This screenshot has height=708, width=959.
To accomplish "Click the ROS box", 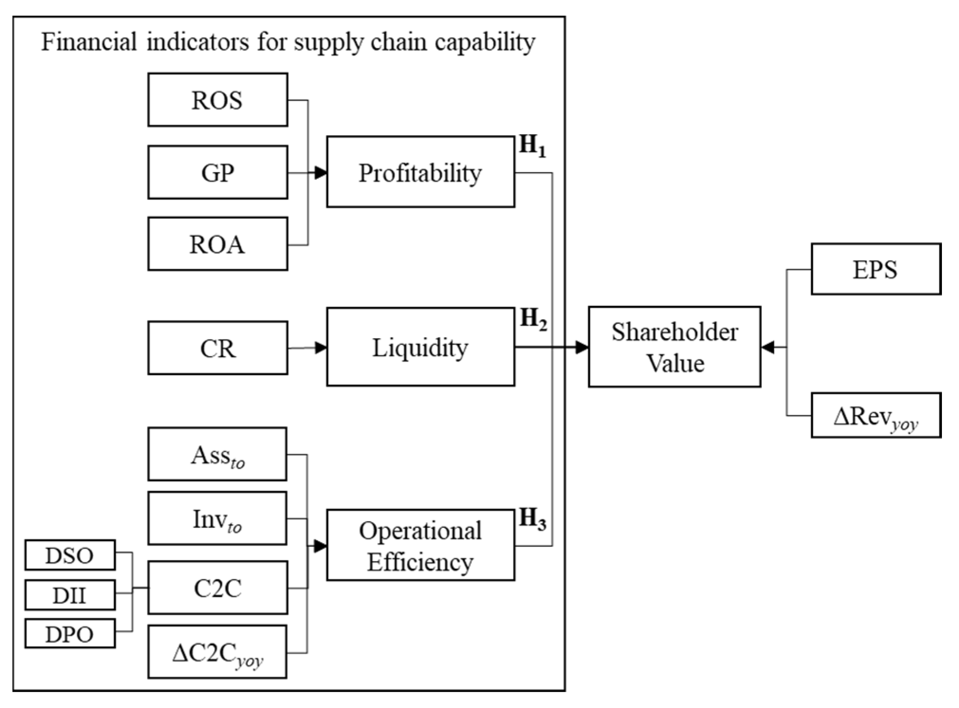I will click(217, 100).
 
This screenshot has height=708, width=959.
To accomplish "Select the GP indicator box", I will click(217, 172).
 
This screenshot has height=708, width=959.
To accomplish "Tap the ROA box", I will click(217, 244).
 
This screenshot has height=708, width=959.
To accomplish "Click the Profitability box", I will click(420, 172).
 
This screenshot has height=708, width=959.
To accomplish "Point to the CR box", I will click(217, 348).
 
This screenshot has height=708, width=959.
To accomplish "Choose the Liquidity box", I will click(420, 347).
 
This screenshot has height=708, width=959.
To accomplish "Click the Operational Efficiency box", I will click(420, 545).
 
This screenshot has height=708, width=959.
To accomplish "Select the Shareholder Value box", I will click(674, 347).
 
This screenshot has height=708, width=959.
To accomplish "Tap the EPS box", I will click(875, 269).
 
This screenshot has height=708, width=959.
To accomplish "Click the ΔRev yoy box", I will click(875, 415).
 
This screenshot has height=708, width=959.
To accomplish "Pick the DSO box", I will click(70, 555).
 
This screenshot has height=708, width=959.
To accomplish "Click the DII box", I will click(70, 595).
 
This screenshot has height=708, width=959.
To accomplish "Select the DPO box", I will click(70, 634).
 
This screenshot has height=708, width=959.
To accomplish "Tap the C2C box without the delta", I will click(217, 588).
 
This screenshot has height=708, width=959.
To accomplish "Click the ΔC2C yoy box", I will click(217, 653).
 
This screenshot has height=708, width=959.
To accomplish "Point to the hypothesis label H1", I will click(532, 146).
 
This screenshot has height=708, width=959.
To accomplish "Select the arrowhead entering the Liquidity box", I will click(321, 348).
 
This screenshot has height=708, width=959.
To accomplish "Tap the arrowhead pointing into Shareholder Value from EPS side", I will click(768, 348).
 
